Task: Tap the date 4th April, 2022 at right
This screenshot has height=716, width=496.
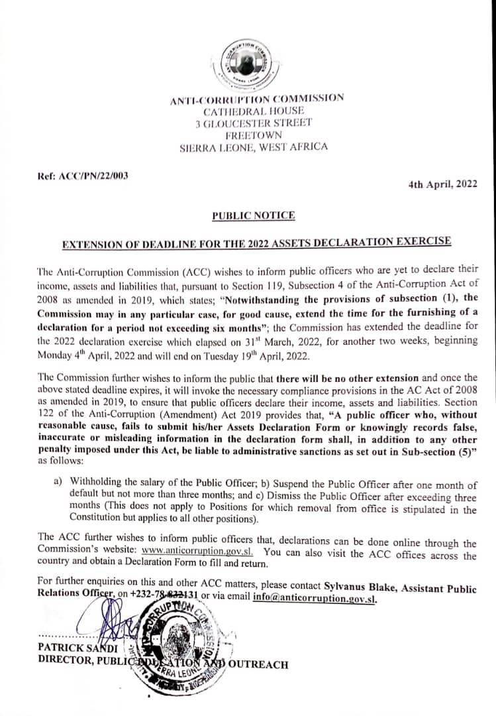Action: (442, 185)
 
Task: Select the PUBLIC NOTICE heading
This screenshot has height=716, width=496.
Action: (254, 215)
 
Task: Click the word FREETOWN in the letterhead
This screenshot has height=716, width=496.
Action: (254, 135)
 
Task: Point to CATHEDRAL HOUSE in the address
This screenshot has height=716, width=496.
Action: (254, 111)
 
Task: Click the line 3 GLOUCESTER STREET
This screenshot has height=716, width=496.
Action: (254, 123)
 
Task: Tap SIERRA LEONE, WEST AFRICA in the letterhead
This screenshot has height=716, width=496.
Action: (254, 147)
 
